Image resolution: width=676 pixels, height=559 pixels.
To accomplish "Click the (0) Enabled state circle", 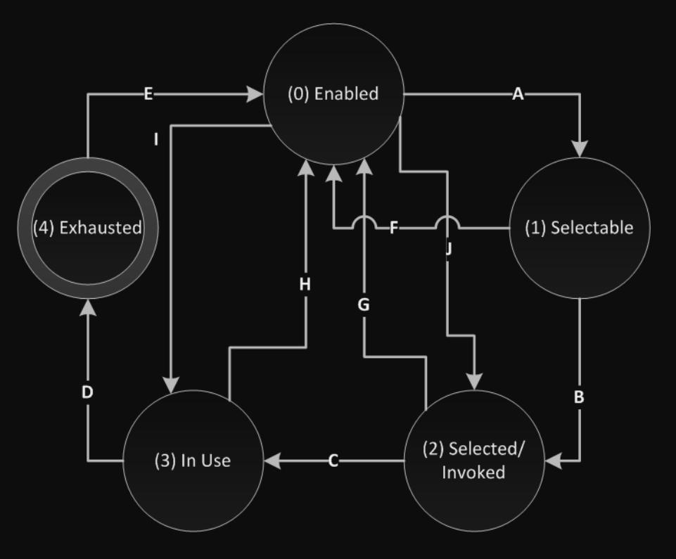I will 333,94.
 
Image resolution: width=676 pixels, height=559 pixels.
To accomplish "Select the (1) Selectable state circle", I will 579,228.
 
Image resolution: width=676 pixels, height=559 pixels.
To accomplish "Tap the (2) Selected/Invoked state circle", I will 473,461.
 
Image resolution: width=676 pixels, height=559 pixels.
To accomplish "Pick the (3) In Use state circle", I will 193,461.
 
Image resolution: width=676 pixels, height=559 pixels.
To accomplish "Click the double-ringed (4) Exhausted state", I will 88,228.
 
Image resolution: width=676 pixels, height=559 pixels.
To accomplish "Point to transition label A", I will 518,94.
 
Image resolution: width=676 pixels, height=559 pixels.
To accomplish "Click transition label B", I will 579,397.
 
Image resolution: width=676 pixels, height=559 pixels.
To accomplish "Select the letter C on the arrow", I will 333,461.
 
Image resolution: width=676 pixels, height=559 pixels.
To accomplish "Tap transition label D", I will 87,392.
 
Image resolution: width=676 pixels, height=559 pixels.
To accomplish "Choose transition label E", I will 148,94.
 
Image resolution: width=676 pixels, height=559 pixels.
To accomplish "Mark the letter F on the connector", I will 394,228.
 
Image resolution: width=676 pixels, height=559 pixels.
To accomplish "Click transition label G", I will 364,305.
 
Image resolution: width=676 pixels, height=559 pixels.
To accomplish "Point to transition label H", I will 305,284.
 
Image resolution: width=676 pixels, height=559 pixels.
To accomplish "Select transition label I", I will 156,139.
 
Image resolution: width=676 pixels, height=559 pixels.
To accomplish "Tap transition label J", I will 449,248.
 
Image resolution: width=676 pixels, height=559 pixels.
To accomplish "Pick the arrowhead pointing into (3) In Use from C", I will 273,461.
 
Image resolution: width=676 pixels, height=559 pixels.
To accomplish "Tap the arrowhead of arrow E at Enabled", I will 254,94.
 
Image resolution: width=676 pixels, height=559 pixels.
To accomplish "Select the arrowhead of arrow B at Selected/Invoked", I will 554,461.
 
